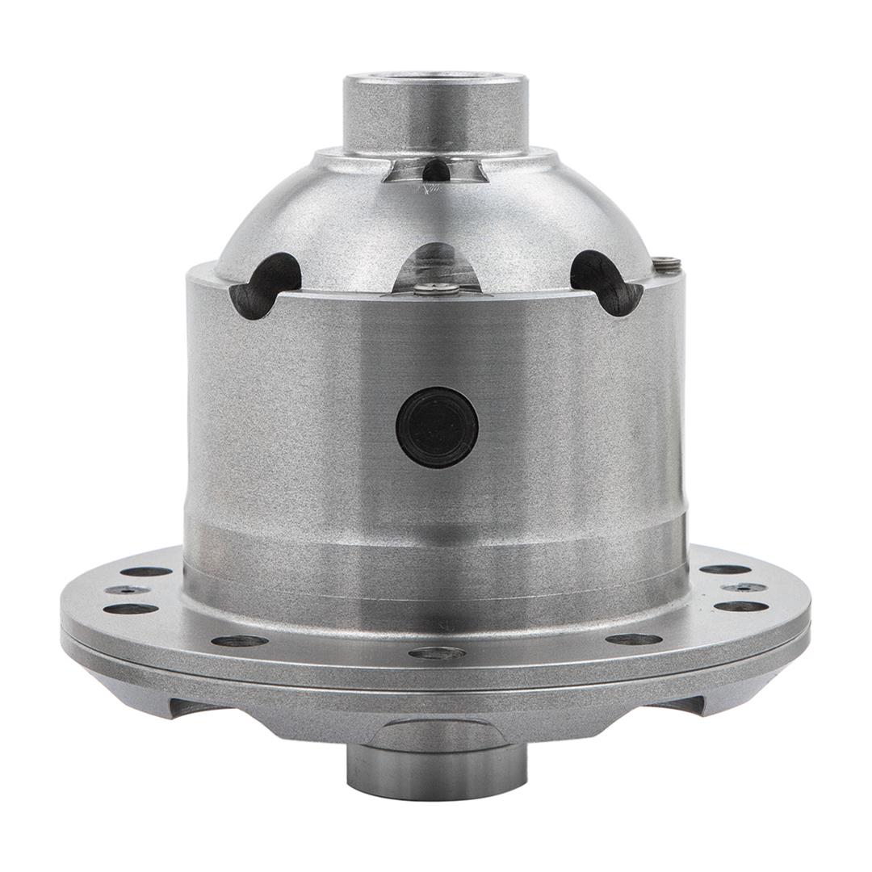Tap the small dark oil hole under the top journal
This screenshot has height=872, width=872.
(x=436, y=170)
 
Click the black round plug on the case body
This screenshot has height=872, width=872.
(x=437, y=427)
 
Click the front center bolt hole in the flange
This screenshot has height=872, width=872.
(x=436, y=652)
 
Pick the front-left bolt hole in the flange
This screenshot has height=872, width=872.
(x=240, y=641)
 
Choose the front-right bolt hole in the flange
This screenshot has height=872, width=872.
(x=634, y=639)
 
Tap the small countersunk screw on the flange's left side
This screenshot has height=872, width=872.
(x=127, y=590)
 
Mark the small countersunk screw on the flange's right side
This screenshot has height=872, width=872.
(x=744, y=588)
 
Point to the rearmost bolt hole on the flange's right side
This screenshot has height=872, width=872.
(x=724, y=569)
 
